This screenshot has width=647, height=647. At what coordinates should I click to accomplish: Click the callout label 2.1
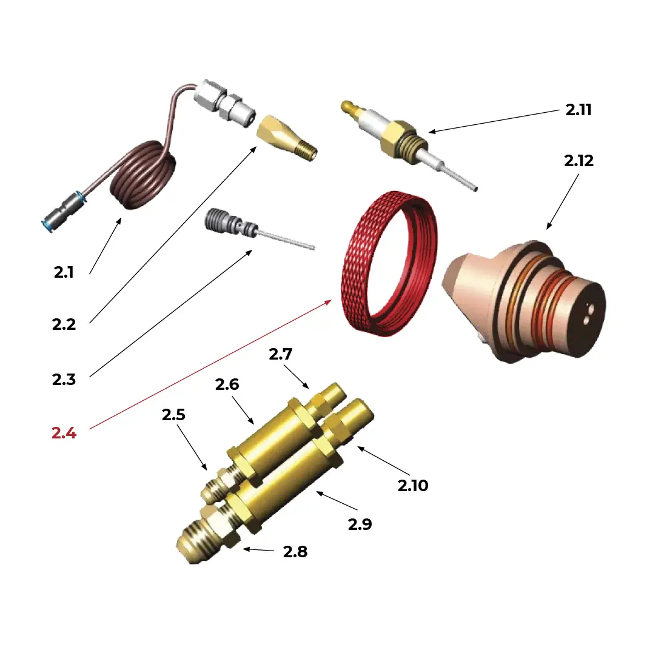tap(63, 272)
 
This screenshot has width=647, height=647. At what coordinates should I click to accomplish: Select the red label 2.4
tap(64, 433)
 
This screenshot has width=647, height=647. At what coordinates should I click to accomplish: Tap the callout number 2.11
tap(578, 110)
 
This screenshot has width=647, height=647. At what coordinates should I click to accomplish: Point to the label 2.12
tap(578, 161)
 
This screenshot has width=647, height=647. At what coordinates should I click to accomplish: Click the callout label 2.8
tap(295, 552)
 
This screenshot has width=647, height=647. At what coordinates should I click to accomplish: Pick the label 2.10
tap(413, 485)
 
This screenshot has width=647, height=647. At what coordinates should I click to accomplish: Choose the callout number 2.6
tap(227, 384)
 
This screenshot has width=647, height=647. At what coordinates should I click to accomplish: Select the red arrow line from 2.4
tap(212, 364)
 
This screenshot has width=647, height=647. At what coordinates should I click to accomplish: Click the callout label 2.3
tap(64, 380)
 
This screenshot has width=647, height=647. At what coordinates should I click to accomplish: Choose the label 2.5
tap(173, 415)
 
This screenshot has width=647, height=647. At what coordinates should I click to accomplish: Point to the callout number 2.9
tap(360, 524)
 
